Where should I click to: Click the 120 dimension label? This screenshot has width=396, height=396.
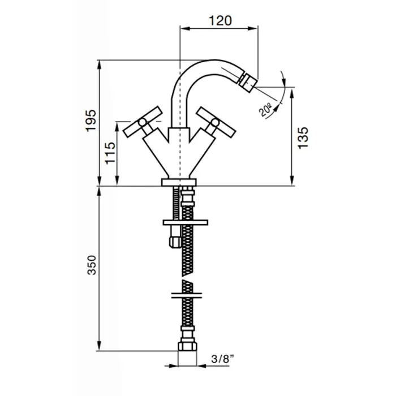(220, 21)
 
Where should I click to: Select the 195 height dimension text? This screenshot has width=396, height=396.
(91, 120)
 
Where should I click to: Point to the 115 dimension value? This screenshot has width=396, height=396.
(110, 153)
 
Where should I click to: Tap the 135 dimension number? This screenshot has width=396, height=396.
(303, 138)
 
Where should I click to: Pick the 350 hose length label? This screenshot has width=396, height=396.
(92, 265)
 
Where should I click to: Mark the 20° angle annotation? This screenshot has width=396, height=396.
(265, 111)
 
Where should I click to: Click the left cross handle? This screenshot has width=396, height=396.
(143, 122)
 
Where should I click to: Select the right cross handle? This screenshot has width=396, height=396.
(216, 123)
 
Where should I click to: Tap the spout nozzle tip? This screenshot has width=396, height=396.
(248, 81)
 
